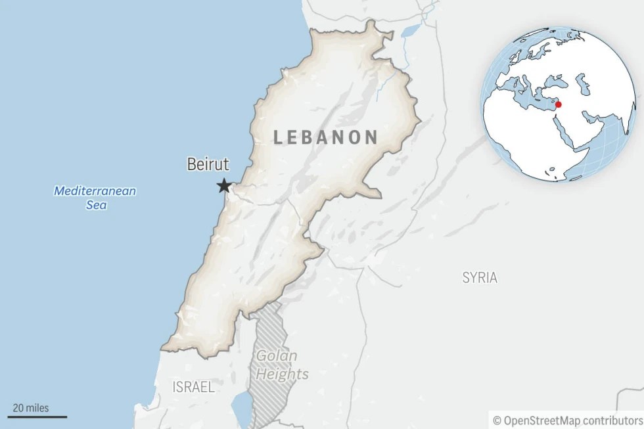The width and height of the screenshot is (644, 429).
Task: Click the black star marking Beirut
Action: click(224, 186)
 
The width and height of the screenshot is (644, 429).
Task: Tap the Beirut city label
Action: click(207, 164)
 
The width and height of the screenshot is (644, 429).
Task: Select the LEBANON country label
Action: click(325, 137)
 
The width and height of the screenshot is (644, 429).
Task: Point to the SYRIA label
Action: click(479, 277)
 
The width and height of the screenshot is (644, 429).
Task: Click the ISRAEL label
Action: click(193, 387)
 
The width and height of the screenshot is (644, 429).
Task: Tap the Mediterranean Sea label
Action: click(95, 198)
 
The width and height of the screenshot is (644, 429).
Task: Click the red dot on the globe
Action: click(558, 104)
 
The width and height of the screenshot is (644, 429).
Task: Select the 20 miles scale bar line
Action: click(37, 417)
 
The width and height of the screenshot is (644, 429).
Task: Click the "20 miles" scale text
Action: click(30, 407)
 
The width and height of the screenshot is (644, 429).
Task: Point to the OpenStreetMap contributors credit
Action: click(567, 419)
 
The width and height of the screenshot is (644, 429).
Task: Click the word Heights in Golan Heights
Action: click(283, 374)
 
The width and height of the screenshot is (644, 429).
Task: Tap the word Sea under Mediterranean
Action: click(95, 205)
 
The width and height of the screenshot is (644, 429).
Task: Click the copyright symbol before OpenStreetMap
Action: click(497, 419)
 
